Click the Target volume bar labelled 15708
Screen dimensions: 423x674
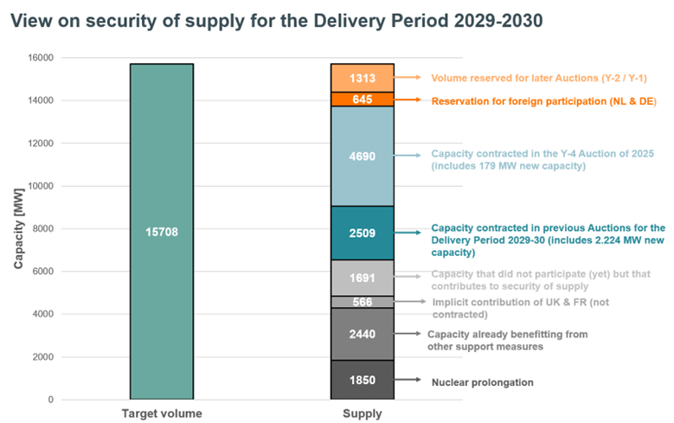point(161,231)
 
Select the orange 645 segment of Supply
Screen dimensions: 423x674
point(363,99)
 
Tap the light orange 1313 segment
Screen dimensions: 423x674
point(363,78)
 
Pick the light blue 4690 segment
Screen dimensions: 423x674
point(363,157)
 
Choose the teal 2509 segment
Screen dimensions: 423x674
point(363,233)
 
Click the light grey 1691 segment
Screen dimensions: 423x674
point(363,278)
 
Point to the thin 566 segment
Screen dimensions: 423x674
point(363,302)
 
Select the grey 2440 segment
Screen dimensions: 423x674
point(363,334)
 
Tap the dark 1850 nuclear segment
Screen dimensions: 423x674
point(363,380)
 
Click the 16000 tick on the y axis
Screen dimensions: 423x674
point(40,58)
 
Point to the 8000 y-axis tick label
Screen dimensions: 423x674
point(42,228)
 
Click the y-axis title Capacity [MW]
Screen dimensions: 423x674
point(19,228)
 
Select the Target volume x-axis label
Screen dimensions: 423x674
point(161,413)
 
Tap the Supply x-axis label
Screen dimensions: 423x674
point(363,413)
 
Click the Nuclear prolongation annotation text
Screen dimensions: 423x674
point(482,381)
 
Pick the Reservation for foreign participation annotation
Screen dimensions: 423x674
point(543,101)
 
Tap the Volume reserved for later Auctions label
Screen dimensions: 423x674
point(538,78)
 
